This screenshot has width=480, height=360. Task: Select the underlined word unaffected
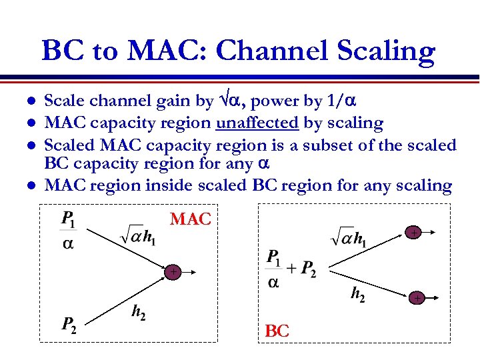tap(257, 123)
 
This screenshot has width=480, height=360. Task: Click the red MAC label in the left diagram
tap(191, 219)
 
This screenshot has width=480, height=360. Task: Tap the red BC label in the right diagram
tap(277, 331)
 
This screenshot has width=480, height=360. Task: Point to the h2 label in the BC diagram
tap(357, 295)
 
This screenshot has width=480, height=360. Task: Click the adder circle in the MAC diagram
tap(173, 272)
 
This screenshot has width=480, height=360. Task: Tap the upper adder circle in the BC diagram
tap(414, 233)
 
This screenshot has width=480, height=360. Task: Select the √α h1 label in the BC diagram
tap(348, 237)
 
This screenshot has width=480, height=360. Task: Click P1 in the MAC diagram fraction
tap(67, 218)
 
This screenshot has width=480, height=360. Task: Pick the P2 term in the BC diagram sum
tap(307, 269)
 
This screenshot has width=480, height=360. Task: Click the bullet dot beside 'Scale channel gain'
tap(29, 102)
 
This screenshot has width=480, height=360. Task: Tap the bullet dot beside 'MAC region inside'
tap(29, 185)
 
